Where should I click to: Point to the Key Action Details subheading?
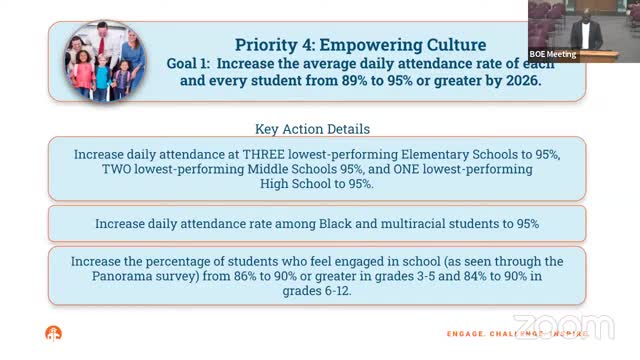312,129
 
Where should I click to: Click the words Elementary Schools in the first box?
444,155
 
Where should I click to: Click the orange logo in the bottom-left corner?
53,334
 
